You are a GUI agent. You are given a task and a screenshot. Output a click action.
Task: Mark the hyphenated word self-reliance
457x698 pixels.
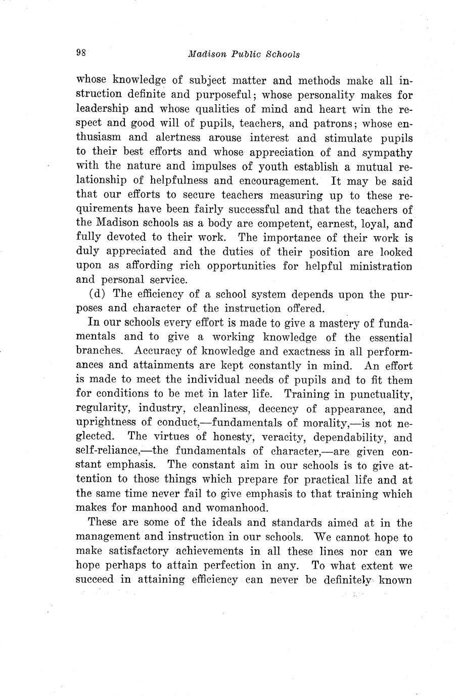click(108, 451)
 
